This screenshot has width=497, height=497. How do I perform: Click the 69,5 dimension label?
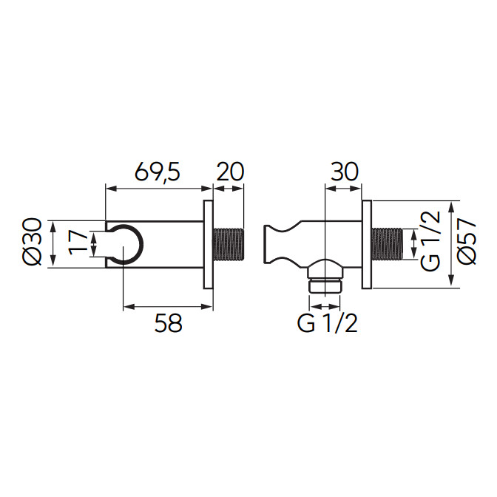pyautogui.click(x=158, y=172)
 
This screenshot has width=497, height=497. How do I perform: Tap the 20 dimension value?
pyautogui.click(x=230, y=172)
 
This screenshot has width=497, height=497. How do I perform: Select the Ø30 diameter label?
pyautogui.click(x=33, y=243)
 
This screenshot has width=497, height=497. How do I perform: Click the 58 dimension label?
pyautogui.click(x=169, y=323)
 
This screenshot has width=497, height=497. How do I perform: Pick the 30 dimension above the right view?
pyautogui.click(x=344, y=172)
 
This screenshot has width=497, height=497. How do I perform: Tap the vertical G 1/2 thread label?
pyautogui.click(x=431, y=240)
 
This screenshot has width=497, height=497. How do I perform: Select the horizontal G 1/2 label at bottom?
pyautogui.click(x=327, y=323)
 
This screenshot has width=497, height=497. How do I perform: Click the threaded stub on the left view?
pyautogui.click(x=228, y=244)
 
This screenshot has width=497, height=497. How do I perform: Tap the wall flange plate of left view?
pyautogui.click(x=208, y=244)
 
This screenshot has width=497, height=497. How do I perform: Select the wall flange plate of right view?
pyautogui.click(x=367, y=244)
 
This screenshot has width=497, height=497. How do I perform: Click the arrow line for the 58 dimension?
pyautogui.click(x=168, y=306)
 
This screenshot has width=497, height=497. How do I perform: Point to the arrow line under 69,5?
pyautogui.click(x=158, y=189)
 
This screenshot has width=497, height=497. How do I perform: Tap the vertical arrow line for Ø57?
pyautogui.click(x=451, y=244)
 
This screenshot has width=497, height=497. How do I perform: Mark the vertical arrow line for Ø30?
pyautogui.click(x=53, y=244)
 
